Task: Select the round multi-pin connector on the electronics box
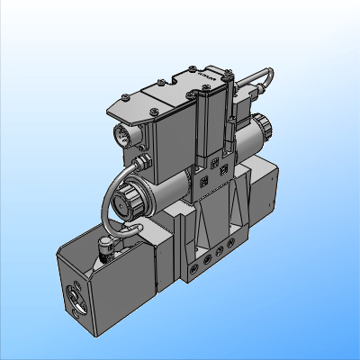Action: click(121, 137)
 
